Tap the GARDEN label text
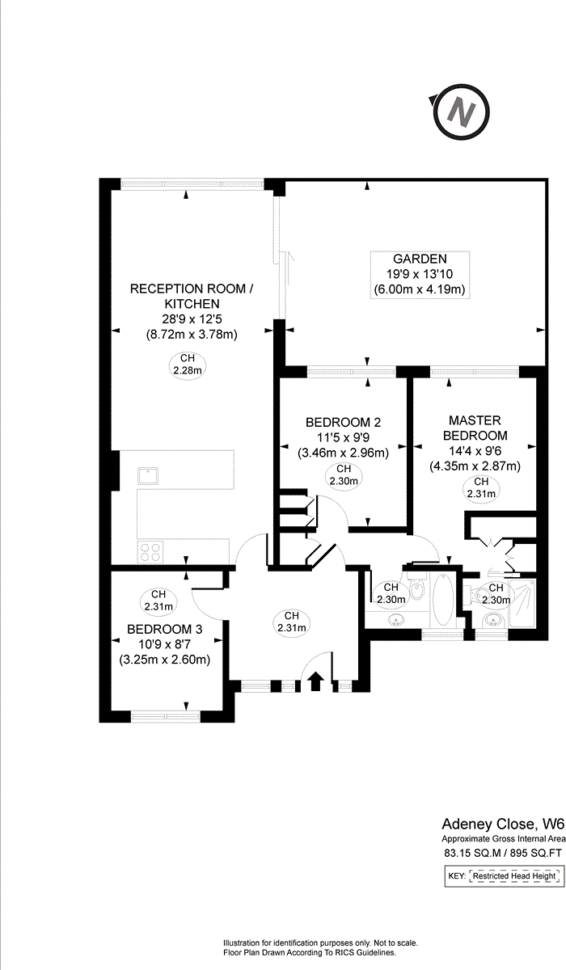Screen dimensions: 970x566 click(419, 259)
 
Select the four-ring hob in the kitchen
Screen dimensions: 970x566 click(150, 551)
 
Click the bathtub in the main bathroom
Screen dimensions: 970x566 click(443, 601)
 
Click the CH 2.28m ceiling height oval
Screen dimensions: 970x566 click(188, 365)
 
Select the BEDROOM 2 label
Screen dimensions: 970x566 click(343, 423)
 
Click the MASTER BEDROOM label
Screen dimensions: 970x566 click(475, 428)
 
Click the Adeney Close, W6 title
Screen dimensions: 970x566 click(502, 824)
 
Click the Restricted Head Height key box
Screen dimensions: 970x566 click(515, 876)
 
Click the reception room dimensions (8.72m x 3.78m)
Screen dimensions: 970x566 click(191, 334)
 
